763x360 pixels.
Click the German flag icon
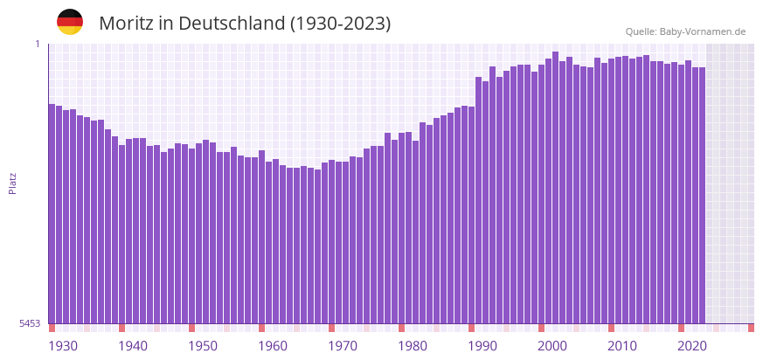pos(70,22)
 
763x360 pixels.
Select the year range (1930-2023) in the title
pos(341,24)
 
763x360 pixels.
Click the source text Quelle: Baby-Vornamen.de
pos(685,31)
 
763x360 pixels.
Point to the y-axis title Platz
pos(12,183)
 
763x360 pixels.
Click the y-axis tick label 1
pos(38,44)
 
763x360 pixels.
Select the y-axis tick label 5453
pos(31,323)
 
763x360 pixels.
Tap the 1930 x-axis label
pos(63,346)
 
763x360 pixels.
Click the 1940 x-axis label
pos(133,346)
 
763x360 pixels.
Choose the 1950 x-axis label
pos(203,346)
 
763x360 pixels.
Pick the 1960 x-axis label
pos(273,346)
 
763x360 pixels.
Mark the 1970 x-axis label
pos(343,346)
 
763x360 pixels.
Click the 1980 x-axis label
pos(413,346)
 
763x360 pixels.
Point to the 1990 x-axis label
pos(482,346)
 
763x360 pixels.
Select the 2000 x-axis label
pos(552,346)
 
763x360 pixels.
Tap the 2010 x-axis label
pos(622,346)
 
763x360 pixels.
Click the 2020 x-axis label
pos(692,346)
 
